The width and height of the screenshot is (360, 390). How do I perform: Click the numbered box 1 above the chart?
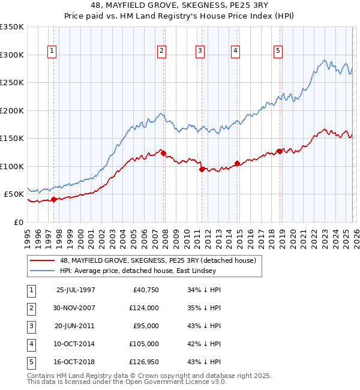pos(53,52)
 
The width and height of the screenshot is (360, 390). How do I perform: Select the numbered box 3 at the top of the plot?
pos(199,52)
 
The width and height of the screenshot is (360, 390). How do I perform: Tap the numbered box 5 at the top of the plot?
pos(278,52)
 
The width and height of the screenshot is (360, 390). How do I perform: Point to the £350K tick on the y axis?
pos(12,27)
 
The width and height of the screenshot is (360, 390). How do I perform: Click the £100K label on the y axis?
pos(12,166)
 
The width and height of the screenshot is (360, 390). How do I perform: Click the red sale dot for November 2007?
pos(164,154)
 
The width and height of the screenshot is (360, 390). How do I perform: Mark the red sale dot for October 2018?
pos(280,151)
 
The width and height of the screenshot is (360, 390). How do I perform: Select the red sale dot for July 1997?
pos(53,199)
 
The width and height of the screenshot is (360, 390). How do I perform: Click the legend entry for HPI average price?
pos(141,271)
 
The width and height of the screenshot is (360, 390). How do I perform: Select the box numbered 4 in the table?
pos(31,344)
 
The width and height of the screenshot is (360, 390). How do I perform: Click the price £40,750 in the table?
pos(145,290)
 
